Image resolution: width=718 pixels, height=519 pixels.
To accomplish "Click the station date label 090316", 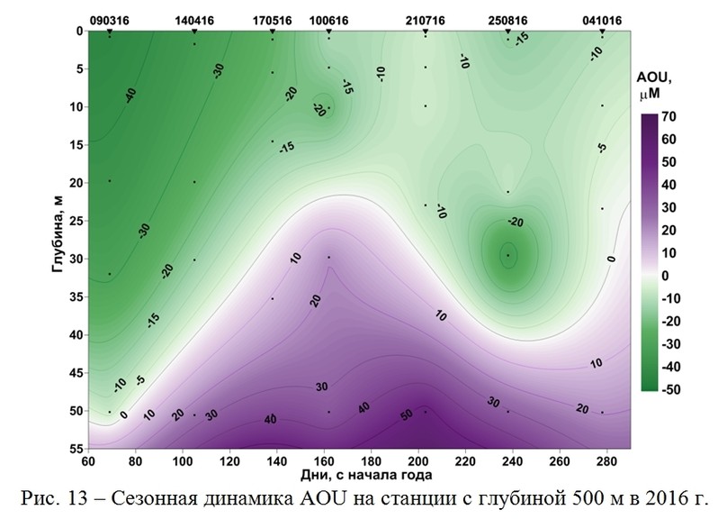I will click(109, 19).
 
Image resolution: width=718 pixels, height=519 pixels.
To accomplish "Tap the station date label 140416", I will click(194, 19).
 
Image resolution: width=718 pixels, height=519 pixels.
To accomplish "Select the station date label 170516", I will click(273, 19).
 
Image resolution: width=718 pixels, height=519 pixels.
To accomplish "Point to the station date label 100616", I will click(329, 19).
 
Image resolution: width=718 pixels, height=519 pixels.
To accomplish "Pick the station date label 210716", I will click(426, 19).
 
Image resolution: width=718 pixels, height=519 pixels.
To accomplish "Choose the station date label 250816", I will click(508, 19).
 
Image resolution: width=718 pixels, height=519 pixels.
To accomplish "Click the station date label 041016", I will click(602, 19).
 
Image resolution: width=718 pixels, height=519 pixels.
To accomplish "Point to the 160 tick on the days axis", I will click(325, 460).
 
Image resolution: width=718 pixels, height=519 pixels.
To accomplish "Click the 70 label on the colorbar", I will click(669, 117).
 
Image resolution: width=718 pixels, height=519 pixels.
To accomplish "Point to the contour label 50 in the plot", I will click(407, 414).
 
